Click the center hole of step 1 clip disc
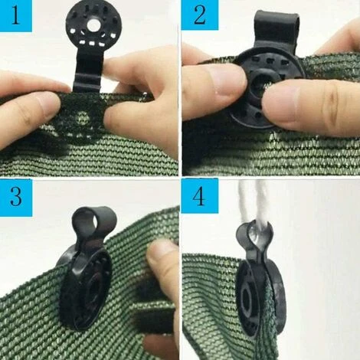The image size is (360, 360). (x=93, y=25)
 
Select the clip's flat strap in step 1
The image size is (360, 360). (x=86, y=72)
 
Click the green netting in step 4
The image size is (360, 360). (x=207, y=306)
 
